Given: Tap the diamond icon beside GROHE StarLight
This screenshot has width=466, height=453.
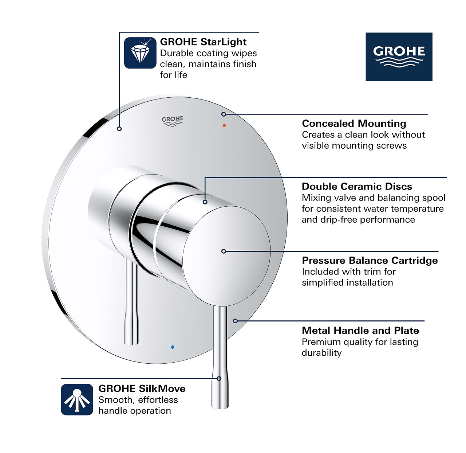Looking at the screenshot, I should pos(140,53).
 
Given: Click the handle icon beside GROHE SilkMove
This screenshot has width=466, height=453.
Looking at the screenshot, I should pos(77,399).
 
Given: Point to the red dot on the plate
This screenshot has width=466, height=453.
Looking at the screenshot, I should pos(224,125).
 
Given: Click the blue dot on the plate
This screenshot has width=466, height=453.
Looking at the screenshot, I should pos(173,347).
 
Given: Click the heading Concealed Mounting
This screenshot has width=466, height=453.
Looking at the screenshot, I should pos(354,124).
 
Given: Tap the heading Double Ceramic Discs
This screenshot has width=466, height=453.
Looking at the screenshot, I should pos(357,187).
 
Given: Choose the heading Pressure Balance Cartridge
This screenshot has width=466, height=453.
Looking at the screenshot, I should pos(370,261).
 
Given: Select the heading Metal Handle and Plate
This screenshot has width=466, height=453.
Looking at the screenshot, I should pos(360,331).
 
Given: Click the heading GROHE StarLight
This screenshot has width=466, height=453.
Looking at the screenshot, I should pos(203,42).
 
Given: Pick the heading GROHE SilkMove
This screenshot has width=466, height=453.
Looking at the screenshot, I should pos(142,388).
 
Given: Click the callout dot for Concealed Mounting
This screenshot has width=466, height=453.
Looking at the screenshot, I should pos(224,114).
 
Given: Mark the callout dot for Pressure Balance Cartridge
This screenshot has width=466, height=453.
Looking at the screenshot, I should pos(224,251).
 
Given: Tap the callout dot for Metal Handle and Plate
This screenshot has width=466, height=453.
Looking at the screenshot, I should pos(236,321).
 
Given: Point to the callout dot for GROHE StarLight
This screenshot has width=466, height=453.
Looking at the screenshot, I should pos(119,129).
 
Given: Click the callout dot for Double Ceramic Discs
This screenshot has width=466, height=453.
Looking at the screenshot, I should pos(205,202).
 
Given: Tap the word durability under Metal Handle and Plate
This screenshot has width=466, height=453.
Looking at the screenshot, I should pos(321,353).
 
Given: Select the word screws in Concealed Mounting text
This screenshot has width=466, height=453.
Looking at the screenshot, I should pos(392,146).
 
